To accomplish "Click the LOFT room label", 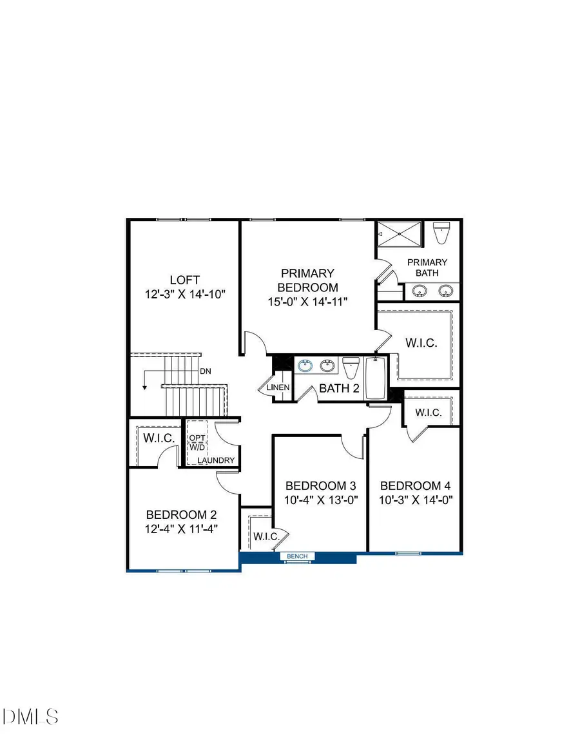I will pos(184,280).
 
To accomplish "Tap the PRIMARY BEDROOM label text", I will pos(307,280).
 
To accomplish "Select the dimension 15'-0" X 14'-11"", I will pos(307,302).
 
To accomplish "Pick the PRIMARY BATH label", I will pos(427,268).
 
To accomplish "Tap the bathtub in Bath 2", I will pos(375,378).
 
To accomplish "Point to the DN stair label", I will pos(206,371).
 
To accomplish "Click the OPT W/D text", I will pos(197,443).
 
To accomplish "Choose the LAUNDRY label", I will pos(216,461).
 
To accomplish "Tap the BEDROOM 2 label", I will pos(181,515).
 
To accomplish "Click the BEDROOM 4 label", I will pos(415,486).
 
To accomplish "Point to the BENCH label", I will pos(297,556).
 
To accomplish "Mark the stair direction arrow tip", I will pos(145,389).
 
